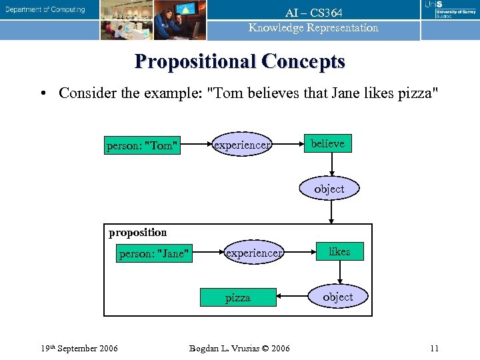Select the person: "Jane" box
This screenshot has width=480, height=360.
pyautogui.click(x=154, y=253)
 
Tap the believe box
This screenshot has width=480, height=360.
pyautogui.click(x=327, y=144)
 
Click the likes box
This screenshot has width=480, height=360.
pyautogui.click(x=339, y=251)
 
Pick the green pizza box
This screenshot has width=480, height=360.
pyautogui.click(x=238, y=297)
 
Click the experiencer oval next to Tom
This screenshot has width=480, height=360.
pyautogui.click(x=241, y=145)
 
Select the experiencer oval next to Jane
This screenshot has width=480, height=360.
pyautogui.click(x=253, y=253)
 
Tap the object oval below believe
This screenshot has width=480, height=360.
pyautogui.click(x=329, y=189)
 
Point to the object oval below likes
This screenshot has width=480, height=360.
pyautogui.click(x=338, y=297)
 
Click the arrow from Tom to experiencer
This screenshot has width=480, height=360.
pyautogui.click(x=196, y=145)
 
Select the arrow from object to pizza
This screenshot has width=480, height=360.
pyautogui.click(x=293, y=297)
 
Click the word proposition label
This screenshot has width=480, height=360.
pyautogui.click(x=137, y=232)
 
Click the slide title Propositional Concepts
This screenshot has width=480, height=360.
pyautogui.click(x=240, y=61)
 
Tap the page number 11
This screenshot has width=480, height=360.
pyautogui.click(x=434, y=348)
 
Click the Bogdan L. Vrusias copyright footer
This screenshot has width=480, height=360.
pyautogui.click(x=240, y=348)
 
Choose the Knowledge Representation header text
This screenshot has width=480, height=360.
pyautogui.click(x=313, y=28)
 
